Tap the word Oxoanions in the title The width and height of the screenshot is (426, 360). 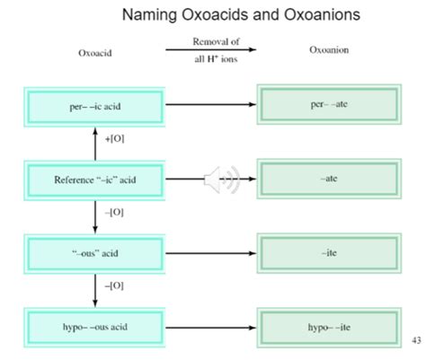click(322, 14)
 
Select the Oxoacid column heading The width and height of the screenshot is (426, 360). click(95, 53)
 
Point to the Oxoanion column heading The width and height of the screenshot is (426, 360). click(329, 49)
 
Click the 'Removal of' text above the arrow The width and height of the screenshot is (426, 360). click(216, 41)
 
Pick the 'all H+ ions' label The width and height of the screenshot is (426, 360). click(216, 59)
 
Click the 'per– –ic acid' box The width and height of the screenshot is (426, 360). click(94, 107)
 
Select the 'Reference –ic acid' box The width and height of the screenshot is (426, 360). click(94, 180)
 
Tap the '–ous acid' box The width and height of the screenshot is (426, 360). click(94, 254)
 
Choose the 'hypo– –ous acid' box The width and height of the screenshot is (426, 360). click(94, 328)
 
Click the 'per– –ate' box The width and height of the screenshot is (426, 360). click(329, 104)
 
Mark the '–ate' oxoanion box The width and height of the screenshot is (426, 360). click(329, 179)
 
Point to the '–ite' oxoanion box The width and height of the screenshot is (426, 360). click(329, 253)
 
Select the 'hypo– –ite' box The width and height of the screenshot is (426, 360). click(329, 328)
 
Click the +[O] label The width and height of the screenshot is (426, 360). click(114, 139)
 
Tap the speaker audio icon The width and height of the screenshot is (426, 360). click(222, 180)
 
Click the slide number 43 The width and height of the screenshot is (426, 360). click(416, 340)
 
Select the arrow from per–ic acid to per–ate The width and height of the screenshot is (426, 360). click(211, 104)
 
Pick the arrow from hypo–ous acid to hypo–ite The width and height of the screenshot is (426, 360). click(211, 328)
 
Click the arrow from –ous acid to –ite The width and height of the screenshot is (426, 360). click(211, 253)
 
